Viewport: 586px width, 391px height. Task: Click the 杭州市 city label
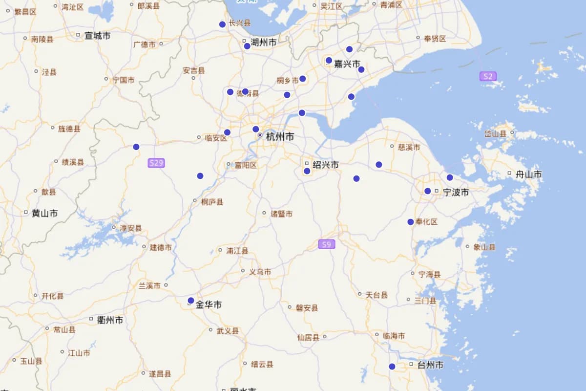tap(280, 137)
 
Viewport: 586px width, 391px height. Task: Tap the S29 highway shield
tap(156, 163)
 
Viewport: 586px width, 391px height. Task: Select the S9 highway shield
tap(327, 244)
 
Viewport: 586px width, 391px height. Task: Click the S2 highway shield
tap(488, 76)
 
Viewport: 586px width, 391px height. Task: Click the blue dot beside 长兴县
tap(222, 24)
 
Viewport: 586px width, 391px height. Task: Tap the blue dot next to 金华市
tap(191, 301)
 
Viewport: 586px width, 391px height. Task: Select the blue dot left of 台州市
tap(392, 367)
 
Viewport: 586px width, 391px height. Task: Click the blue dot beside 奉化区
tap(411, 222)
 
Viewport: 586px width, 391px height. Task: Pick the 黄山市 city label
tap(44, 213)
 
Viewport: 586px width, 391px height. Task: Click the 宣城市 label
tap(97, 36)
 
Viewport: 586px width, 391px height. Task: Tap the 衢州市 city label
tap(110, 320)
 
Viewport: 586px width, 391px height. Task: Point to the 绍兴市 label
tap(326, 165)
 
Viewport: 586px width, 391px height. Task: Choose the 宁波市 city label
tap(456, 192)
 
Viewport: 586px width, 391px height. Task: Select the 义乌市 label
tap(260, 272)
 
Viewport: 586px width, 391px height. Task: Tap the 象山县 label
tap(484, 247)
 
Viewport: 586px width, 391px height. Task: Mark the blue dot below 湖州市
tap(247, 46)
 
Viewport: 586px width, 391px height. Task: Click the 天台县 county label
tap(377, 295)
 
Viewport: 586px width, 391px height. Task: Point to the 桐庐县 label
tap(212, 201)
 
